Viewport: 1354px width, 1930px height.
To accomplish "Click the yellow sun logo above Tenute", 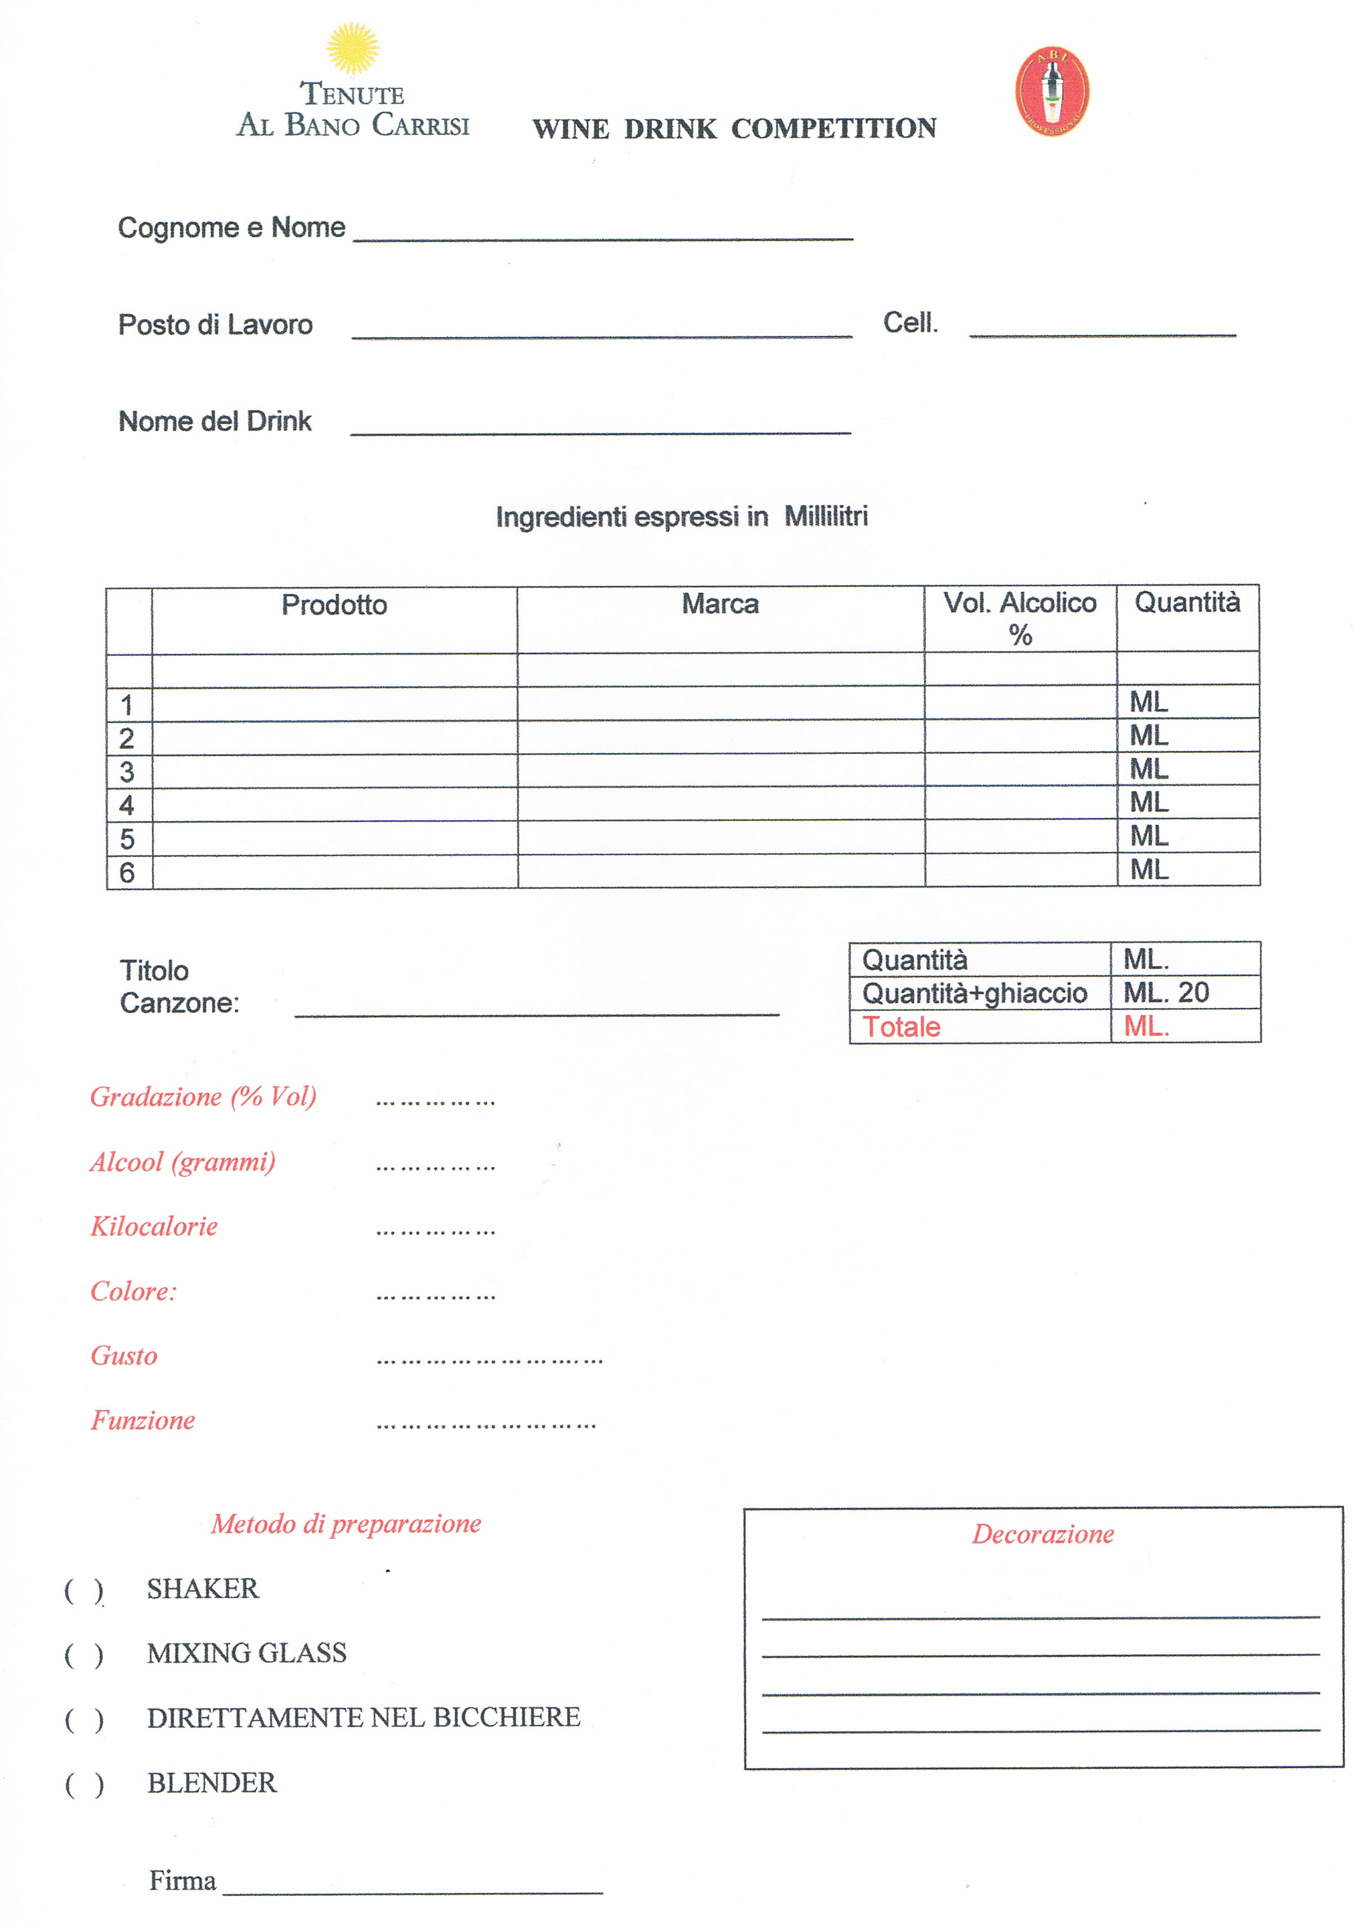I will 352,49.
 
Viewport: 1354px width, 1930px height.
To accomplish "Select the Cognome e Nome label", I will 231,228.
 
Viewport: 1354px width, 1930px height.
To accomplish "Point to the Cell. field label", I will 910,323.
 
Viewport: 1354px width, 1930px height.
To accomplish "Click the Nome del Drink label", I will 215,421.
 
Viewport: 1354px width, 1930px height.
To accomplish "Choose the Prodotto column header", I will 334,605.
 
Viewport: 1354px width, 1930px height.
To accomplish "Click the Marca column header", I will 720,603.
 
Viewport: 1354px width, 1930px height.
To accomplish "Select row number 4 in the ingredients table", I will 127,805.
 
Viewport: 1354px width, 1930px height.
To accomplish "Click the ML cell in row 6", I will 1149,870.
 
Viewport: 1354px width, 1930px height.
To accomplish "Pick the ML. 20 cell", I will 1166,993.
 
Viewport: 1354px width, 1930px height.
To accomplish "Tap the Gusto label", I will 124,1357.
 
